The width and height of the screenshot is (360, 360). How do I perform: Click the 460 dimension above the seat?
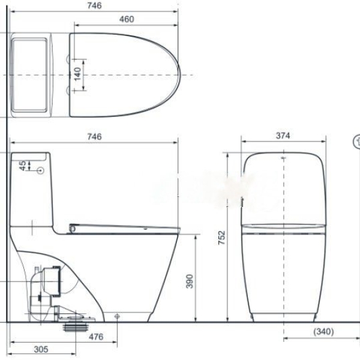click(127, 19)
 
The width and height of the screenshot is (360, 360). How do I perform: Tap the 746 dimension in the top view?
click(94, 5)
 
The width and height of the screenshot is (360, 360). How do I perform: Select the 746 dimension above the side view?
click(94, 136)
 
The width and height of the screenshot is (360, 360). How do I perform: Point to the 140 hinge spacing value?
click(77, 74)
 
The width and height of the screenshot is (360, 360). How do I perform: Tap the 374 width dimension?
click(283, 136)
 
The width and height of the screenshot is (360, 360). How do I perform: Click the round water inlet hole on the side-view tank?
click(41, 171)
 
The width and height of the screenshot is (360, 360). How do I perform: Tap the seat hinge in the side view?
click(73, 227)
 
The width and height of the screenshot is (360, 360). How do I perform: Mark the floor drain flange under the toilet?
click(76, 328)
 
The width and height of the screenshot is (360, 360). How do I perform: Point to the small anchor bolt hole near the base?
click(117, 316)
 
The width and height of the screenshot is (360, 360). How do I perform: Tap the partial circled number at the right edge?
click(356, 142)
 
